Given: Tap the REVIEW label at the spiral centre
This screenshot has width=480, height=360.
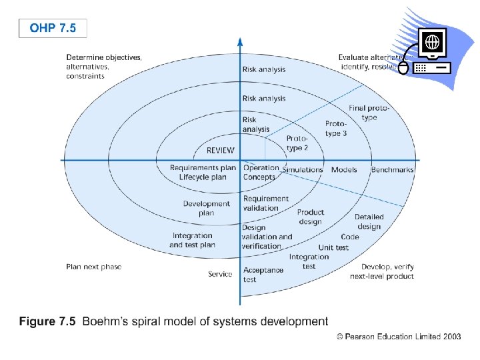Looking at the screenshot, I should click(x=220, y=150).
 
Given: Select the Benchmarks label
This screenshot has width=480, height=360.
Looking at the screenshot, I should click(x=392, y=169).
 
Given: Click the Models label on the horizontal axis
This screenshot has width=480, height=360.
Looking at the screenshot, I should click(x=344, y=169).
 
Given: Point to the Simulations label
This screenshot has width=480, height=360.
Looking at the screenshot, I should click(x=303, y=169).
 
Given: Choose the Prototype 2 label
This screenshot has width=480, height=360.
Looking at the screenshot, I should click(x=297, y=143).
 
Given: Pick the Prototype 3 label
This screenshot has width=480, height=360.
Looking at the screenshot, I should click(x=336, y=128).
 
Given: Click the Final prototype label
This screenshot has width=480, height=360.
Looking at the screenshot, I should click(x=369, y=113).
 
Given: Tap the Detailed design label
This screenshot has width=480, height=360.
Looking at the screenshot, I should click(x=369, y=221).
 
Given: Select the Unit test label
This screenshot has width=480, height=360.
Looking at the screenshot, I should click(x=333, y=247).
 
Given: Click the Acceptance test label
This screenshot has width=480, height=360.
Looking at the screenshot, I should click(x=263, y=275).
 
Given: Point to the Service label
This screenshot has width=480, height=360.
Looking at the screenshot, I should click(x=220, y=274).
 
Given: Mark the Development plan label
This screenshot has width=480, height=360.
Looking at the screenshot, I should click(x=207, y=208).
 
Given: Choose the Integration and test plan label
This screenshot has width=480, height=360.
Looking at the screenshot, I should click(x=192, y=240).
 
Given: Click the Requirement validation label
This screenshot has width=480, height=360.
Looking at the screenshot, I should click(x=266, y=203).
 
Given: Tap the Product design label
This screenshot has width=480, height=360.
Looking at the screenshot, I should click(x=310, y=217).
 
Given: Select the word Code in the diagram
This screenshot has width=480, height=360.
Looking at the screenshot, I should click(x=349, y=237).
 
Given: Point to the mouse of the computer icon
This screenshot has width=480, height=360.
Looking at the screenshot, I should click(x=403, y=67).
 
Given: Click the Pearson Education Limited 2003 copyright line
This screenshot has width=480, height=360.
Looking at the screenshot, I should click(x=399, y=337).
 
